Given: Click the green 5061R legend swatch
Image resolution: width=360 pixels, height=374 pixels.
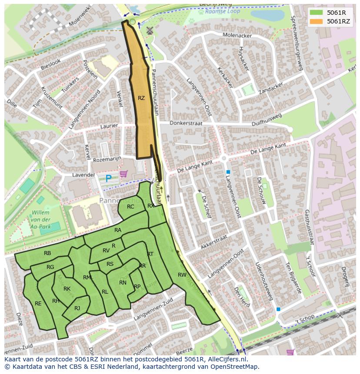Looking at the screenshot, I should [x=316, y=12].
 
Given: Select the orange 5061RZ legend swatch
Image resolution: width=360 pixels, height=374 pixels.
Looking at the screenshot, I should [x=316, y=21].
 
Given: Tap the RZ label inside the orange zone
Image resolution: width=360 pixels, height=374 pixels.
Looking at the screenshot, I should [x=141, y=98].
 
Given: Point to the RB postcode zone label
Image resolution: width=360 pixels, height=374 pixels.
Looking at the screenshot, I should [x=47, y=253].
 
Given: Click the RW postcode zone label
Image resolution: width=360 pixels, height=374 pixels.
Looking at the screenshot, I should [x=182, y=275].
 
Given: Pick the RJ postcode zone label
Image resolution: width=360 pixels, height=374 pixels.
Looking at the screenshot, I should [x=77, y=308].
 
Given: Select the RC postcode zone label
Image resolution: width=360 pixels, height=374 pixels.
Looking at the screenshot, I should [x=130, y=207].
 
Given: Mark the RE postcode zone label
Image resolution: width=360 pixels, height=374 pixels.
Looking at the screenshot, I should [x=38, y=304].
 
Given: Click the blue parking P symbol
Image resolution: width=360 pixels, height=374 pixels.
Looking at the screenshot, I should [x=108, y=178].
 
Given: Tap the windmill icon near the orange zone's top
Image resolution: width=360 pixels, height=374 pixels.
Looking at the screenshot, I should [x=150, y=30].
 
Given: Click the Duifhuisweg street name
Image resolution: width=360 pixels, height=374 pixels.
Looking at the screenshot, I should [x=267, y=120].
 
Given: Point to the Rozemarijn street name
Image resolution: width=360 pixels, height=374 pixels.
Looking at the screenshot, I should [x=107, y=159].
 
